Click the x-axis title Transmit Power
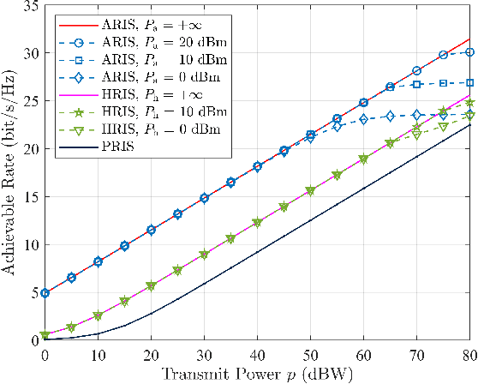pyautogui.click(x=257, y=374)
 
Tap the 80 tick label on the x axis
pyautogui.click(x=468, y=354)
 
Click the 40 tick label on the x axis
pyautogui.click(x=257, y=354)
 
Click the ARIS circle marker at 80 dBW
pyautogui.click(x=469, y=52)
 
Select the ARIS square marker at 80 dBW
pyautogui.click(x=469, y=83)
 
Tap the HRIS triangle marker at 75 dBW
pyautogui.click(x=443, y=127)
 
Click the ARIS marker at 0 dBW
pyautogui.click(x=45, y=293)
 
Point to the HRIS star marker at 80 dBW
pyautogui.click(x=469, y=104)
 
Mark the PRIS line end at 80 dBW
pyautogui.click(x=469, y=125)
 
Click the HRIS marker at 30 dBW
pyautogui.click(x=204, y=255)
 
